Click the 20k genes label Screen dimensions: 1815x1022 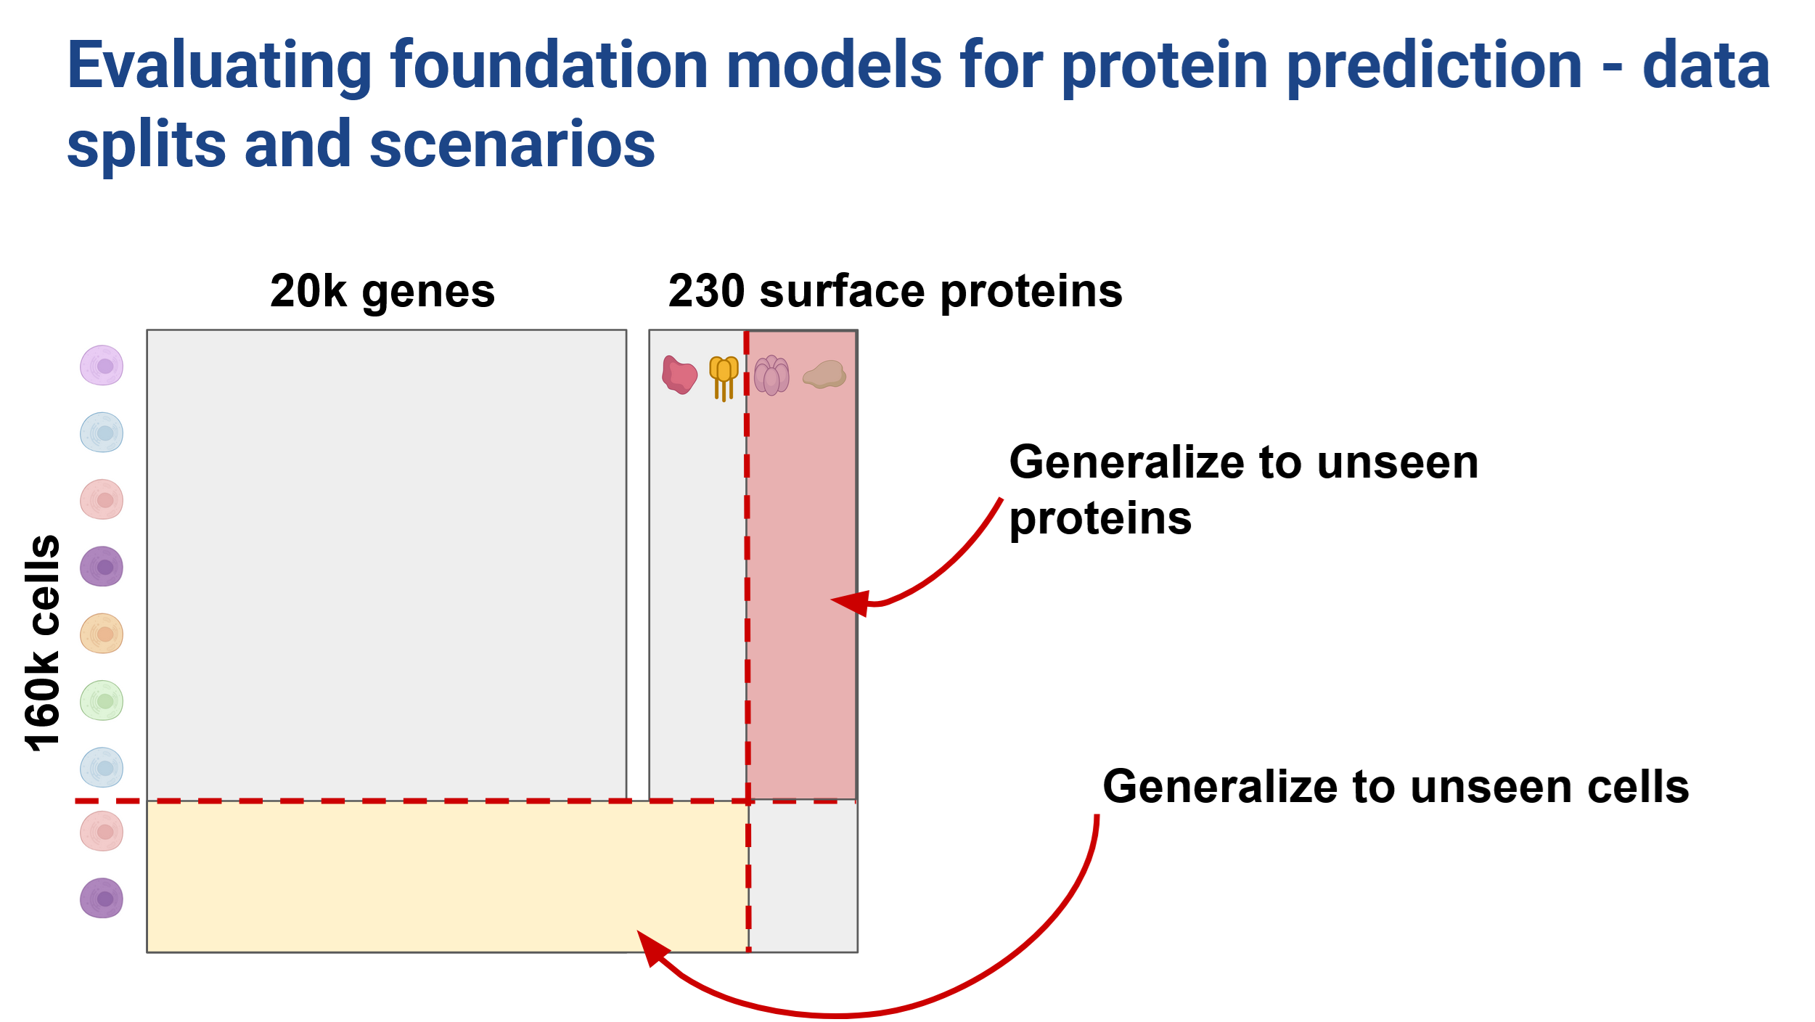click(x=382, y=292)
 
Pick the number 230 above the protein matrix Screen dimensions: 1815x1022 click(x=706, y=291)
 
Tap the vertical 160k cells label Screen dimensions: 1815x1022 click(x=42, y=642)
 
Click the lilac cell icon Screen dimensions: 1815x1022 click(x=102, y=365)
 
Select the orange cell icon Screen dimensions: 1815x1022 click(x=102, y=634)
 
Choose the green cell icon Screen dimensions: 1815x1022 click(x=102, y=700)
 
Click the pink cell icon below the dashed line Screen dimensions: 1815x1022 click(x=102, y=831)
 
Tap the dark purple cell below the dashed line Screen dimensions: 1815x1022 click(x=102, y=899)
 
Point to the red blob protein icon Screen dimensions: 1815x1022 click(x=679, y=375)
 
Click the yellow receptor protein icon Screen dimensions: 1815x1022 click(x=724, y=378)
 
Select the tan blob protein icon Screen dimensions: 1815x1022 click(x=825, y=375)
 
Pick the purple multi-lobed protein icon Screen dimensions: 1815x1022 click(x=771, y=375)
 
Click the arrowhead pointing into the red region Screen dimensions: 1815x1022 click(x=851, y=602)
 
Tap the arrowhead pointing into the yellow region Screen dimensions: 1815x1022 click(x=653, y=947)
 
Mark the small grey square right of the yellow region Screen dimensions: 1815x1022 click(x=803, y=877)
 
